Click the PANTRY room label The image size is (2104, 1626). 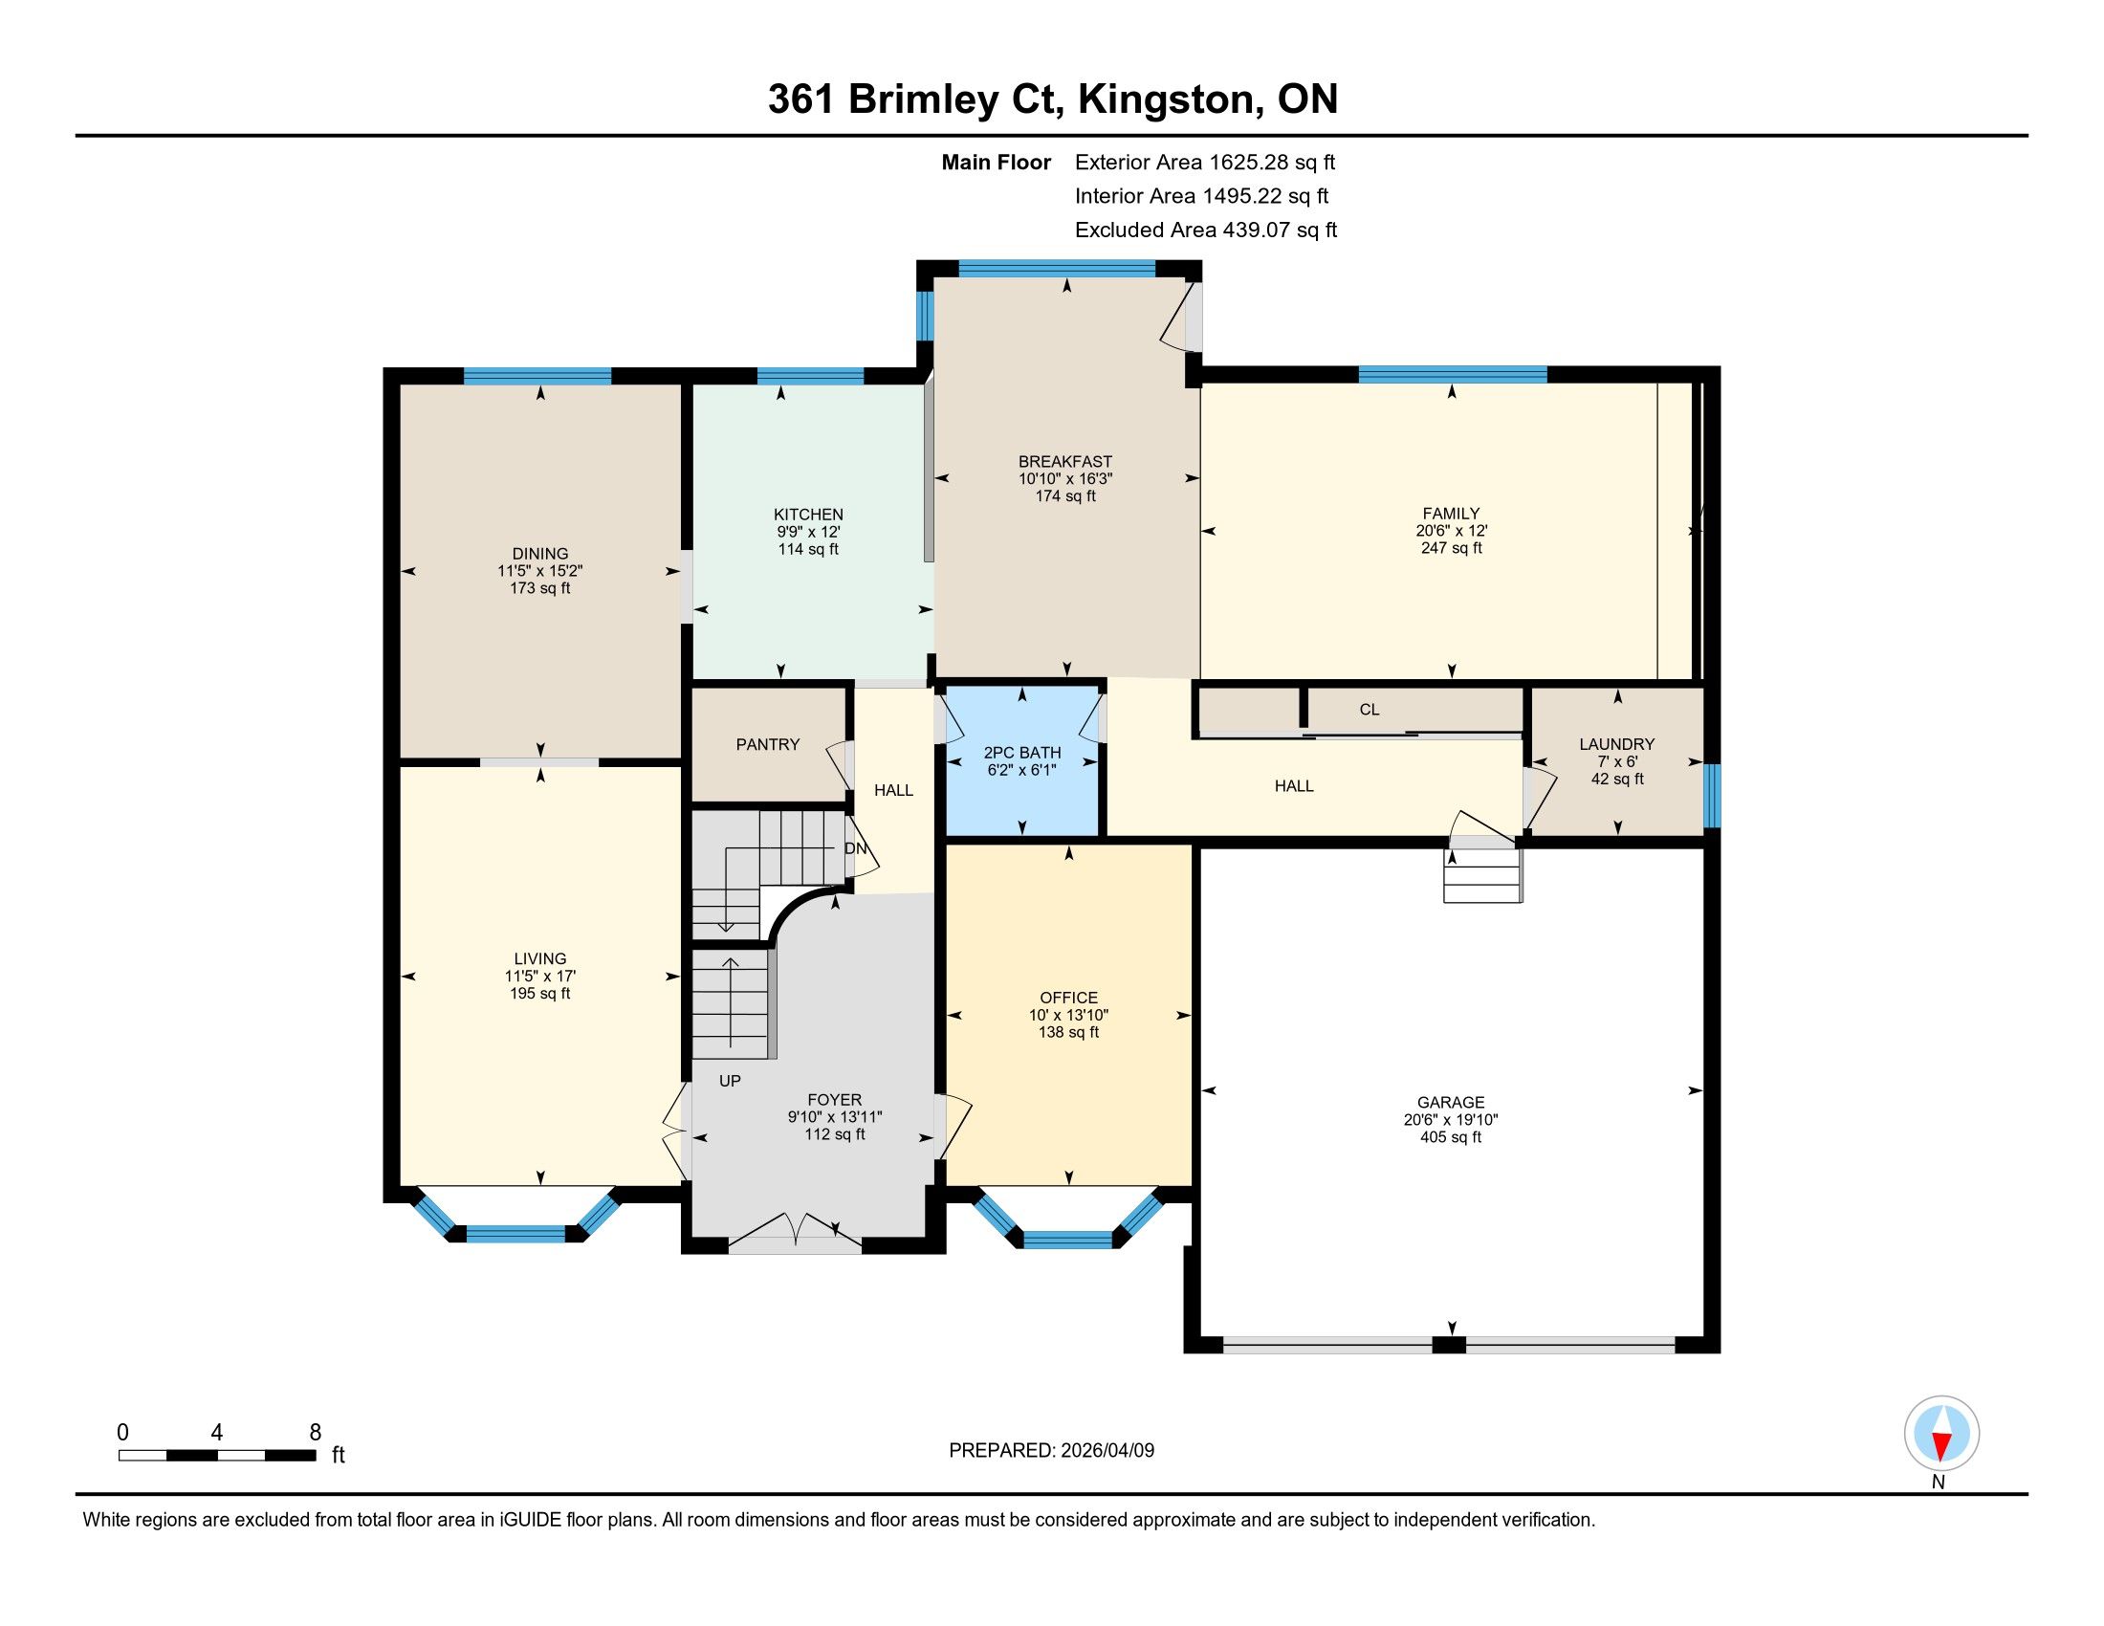click(x=768, y=743)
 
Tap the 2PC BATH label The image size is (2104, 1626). click(x=1022, y=753)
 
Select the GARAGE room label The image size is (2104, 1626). click(x=1451, y=1102)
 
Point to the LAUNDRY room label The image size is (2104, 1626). click(x=1616, y=743)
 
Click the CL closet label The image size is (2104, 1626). click(x=1369, y=709)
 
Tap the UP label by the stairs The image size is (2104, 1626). click(x=731, y=1081)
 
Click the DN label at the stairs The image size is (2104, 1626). click(x=856, y=848)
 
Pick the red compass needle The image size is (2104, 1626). click(x=1942, y=1445)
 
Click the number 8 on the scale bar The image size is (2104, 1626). click(x=315, y=1433)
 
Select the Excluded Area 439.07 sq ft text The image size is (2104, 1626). click(x=1206, y=231)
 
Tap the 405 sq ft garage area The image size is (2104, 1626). click(x=1451, y=1136)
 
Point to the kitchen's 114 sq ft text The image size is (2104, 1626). click(x=808, y=549)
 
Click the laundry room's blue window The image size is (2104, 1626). click(x=1712, y=796)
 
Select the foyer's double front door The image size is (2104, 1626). click(x=795, y=1234)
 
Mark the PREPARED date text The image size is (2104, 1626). click(x=1051, y=1451)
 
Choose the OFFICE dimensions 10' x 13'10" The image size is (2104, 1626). click(x=1068, y=1015)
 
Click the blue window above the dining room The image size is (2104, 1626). click(x=537, y=376)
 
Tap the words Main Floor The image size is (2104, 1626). click(x=997, y=163)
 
